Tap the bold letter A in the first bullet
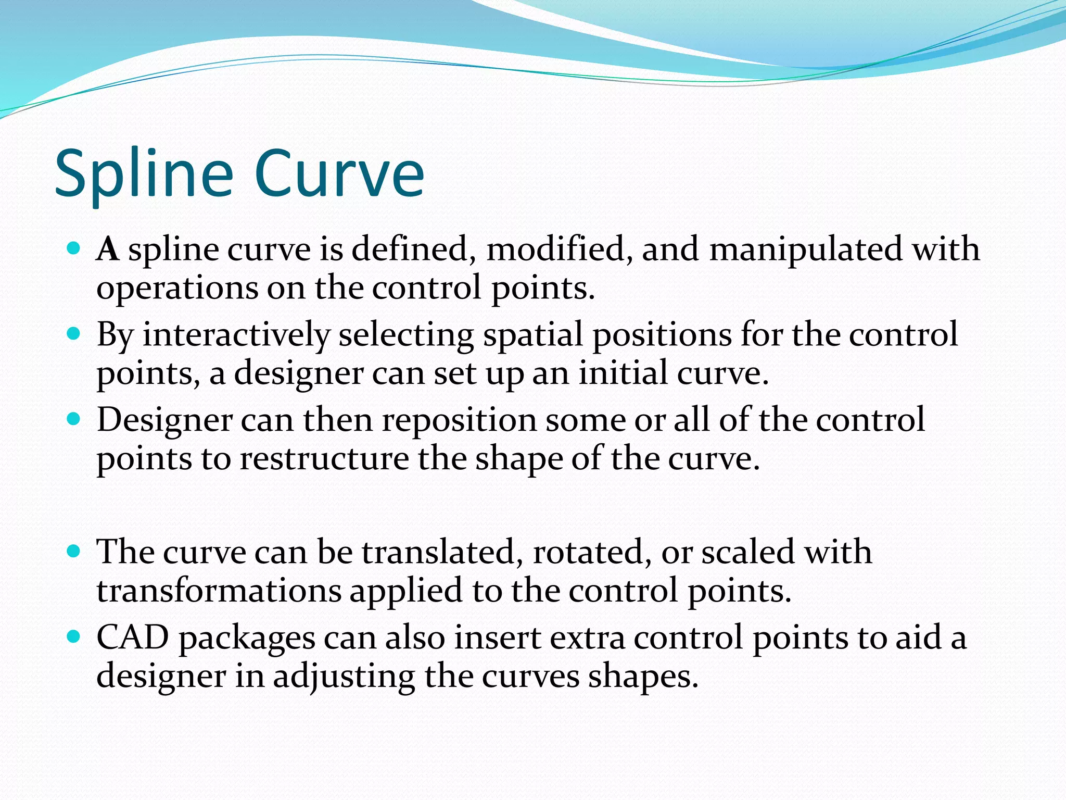pyautogui.click(x=108, y=249)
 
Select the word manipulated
pyautogui.click(x=806, y=249)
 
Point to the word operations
pyautogui.click(x=177, y=288)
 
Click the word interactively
pyautogui.click(x=236, y=334)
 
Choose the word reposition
pyautogui.click(x=459, y=420)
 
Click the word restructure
pyautogui.click(x=324, y=459)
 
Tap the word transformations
pyautogui.click(x=219, y=591)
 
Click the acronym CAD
pyautogui.click(x=133, y=637)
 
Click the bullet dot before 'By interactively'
pyautogui.click(x=74, y=333)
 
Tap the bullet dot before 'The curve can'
pyautogui.click(x=74, y=551)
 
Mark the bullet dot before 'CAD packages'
pyautogui.click(x=74, y=636)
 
